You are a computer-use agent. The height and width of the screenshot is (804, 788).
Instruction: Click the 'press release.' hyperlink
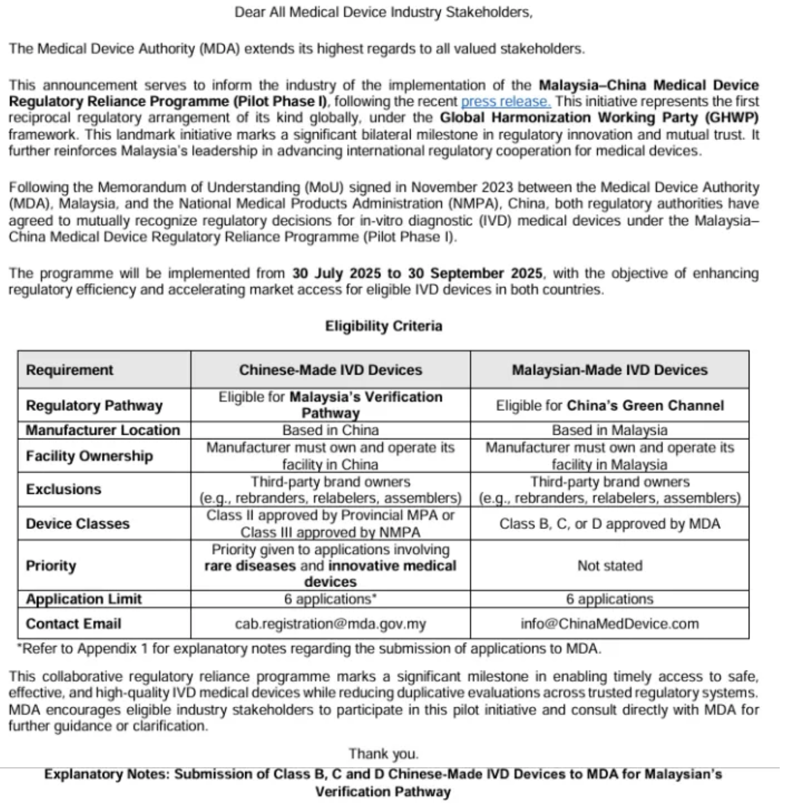[505, 101]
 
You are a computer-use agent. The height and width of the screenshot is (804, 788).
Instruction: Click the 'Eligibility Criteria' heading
[383, 326]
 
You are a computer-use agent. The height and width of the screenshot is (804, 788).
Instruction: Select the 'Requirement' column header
[69, 370]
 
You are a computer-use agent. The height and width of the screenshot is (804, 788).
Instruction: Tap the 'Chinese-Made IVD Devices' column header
[331, 370]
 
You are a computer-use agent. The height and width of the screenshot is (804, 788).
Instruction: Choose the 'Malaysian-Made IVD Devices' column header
[610, 370]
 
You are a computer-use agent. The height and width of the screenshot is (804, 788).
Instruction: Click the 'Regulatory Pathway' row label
[94, 406]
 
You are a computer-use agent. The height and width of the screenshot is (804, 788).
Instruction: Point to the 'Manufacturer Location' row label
[102, 430]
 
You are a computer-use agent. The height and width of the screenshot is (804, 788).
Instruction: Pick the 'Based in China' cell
[331, 430]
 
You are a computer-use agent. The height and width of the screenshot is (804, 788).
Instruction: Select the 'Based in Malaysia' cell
[610, 430]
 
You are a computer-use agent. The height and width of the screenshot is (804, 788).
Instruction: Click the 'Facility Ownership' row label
[89, 456]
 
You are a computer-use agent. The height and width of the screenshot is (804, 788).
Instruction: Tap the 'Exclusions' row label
[63, 489]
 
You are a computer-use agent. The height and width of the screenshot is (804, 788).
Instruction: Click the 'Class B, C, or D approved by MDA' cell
[610, 524]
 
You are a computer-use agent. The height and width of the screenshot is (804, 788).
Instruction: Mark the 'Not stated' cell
[610, 566]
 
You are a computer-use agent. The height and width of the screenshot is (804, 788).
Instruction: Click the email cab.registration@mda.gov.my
[331, 624]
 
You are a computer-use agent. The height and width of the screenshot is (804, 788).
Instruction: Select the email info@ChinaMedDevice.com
[610, 624]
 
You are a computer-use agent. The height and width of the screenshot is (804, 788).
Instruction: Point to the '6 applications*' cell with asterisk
[331, 599]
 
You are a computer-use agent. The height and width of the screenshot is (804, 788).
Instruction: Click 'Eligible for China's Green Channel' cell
[610, 406]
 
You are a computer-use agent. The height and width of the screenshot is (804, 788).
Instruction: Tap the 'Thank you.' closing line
[383, 754]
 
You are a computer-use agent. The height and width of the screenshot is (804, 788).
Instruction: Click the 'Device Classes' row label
[78, 524]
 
